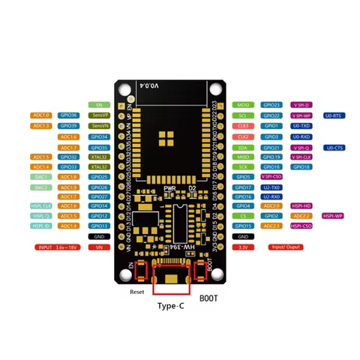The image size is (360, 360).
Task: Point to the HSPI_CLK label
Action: [42, 205]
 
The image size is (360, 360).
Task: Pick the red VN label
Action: [99, 247]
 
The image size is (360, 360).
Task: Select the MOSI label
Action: [243, 105]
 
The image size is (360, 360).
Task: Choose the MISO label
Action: [243, 157]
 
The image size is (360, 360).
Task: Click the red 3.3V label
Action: [243, 247]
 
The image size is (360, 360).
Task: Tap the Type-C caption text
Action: [171, 306]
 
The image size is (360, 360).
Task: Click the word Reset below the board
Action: [136, 291]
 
